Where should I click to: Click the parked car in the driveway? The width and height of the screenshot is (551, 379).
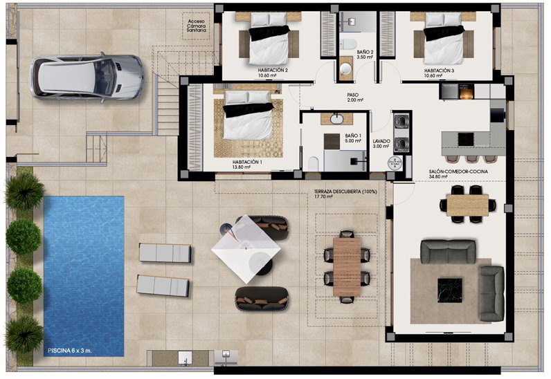point(87,77)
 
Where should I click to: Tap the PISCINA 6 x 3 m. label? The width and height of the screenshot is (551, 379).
point(70,351)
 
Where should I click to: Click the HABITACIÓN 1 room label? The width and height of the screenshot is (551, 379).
point(247,162)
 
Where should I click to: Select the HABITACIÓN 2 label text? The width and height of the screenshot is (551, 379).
point(273,71)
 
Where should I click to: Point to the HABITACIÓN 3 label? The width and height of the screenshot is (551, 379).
point(440,71)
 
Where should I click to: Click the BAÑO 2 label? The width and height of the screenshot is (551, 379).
point(365,52)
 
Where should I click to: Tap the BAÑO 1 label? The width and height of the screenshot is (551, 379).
point(353,136)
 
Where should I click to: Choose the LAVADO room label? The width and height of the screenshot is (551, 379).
point(381,141)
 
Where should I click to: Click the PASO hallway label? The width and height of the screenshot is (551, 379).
point(353,95)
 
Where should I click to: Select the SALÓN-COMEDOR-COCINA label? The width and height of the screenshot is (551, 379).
point(458,172)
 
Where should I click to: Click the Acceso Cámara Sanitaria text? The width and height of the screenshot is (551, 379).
point(196,26)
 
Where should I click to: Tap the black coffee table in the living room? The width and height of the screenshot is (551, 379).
point(450,290)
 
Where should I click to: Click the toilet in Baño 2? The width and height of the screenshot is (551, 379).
point(348,44)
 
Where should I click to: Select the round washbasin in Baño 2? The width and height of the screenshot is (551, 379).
point(347,68)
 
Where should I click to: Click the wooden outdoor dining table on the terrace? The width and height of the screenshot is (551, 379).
point(347,267)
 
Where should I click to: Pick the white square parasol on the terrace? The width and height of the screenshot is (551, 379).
point(246,250)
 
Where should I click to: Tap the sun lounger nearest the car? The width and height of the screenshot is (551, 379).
point(165,252)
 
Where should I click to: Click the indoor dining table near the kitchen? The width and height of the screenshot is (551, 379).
point(467,205)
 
